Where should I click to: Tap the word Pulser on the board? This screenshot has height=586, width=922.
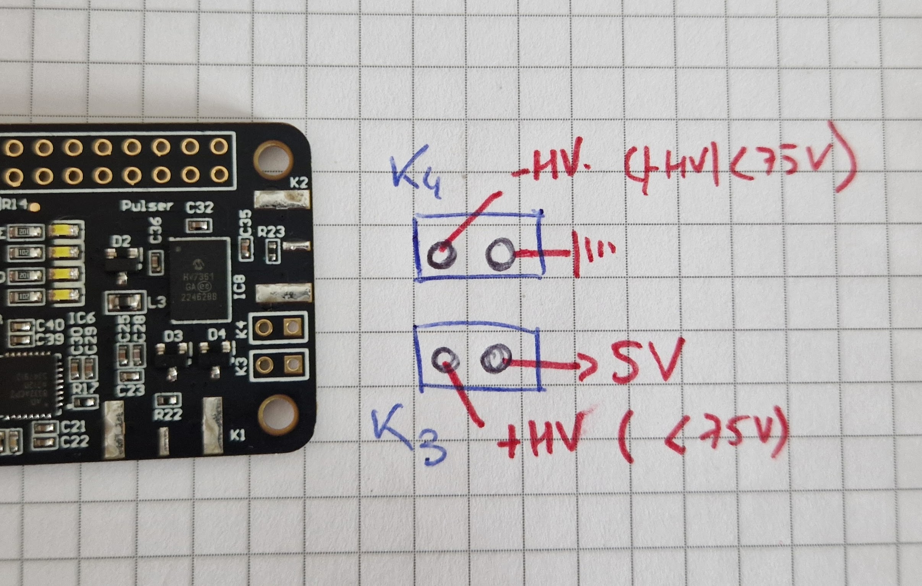(x=147, y=206)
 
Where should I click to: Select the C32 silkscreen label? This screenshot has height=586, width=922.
(x=200, y=207)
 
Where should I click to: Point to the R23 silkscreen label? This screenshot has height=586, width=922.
(x=271, y=232)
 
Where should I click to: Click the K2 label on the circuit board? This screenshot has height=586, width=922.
(x=299, y=183)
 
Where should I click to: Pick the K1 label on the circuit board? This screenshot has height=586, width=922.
(x=237, y=435)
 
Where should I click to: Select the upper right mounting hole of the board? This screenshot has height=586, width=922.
(x=274, y=157)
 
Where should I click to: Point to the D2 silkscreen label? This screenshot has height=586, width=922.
(x=122, y=241)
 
